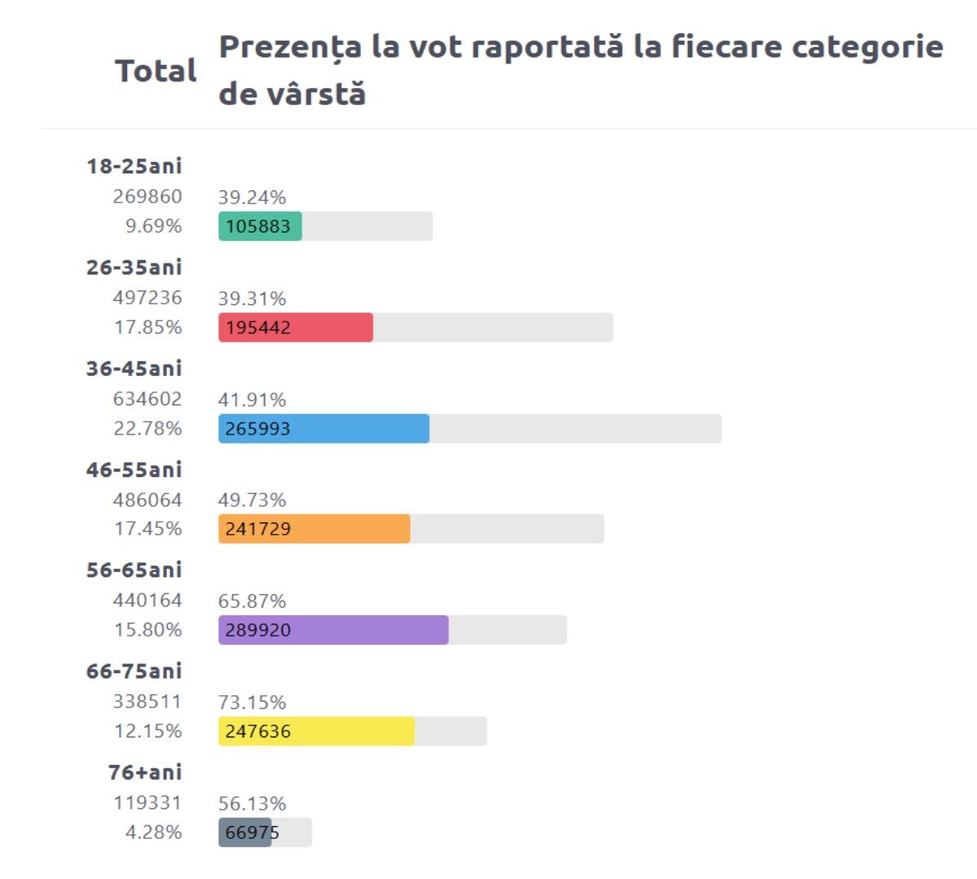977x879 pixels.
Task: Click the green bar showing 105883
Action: (x=260, y=226)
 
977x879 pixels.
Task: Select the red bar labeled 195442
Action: (x=295, y=327)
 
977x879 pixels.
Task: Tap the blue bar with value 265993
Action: (x=323, y=429)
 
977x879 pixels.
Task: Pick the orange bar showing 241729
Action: (x=313, y=529)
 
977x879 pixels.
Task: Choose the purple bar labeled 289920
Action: (x=333, y=630)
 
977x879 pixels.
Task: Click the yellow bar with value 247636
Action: (x=316, y=731)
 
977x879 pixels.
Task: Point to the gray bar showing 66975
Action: (x=244, y=833)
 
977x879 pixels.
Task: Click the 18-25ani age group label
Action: (x=134, y=166)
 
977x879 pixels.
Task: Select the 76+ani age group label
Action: (x=145, y=772)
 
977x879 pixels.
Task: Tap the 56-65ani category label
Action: (x=134, y=570)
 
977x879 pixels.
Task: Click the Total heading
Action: (x=156, y=71)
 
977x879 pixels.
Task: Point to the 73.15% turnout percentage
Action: (x=252, y=702)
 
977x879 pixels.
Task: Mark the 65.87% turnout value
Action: (x=252, y=601)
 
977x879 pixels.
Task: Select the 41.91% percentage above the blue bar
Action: (x=252, y=400)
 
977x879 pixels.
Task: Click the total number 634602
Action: (x=147, y=399)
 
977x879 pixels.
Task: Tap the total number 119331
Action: (x=147, y=802)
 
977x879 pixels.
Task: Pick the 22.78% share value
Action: (x=147, y=428)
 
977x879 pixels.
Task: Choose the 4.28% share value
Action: (x=153, y=832)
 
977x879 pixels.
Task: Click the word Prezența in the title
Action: (x=290, y=47)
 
